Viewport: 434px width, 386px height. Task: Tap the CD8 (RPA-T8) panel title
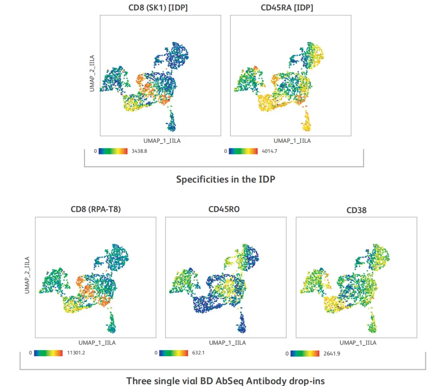pos(95,209)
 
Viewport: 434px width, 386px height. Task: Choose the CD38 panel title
pos(356,210)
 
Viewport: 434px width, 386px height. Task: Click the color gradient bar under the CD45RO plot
pos(174,353)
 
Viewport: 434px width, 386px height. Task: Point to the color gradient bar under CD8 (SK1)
pos(113,151)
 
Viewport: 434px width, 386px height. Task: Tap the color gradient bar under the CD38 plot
pos(305,354)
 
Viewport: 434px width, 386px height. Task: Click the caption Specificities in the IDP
pos(225,179)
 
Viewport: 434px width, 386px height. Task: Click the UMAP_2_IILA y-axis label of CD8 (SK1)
pos(92,74)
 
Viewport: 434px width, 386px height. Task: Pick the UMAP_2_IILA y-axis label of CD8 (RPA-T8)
pos(27,275)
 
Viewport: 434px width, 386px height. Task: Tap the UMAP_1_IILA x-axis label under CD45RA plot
pos(292,141)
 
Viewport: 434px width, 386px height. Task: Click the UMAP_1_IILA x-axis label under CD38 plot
pos(358,343)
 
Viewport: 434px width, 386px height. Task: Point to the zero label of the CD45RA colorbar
pos(225,151)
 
